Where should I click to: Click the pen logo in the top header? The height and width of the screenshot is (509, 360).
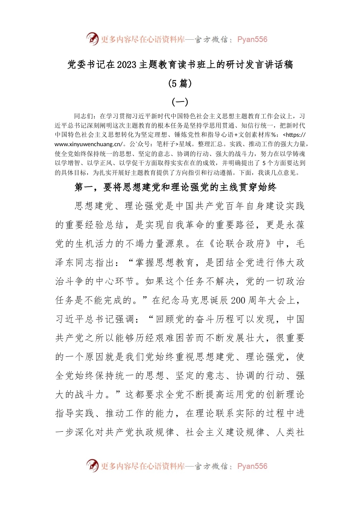click(92, 39)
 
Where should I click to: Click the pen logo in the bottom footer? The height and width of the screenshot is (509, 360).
click(92, 465)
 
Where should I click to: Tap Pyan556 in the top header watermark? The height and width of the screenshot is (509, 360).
click(252, 39)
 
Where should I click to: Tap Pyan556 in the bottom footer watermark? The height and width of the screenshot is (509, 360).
click(252, 466)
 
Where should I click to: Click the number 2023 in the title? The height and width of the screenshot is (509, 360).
click(126, 65)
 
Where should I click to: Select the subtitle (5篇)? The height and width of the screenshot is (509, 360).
click(180, 83)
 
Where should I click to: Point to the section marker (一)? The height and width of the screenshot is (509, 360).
click(180, 101)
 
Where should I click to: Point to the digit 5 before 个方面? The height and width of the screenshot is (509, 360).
click(264, 163)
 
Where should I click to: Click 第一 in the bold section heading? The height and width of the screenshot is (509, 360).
click(84, 187)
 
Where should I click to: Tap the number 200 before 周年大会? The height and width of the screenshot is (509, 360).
click(238, 301)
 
